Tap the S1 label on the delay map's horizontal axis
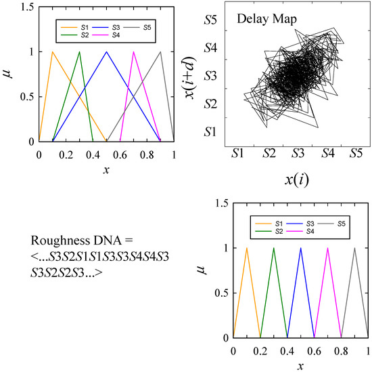click(237, 153)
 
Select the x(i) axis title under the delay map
click(296, 179)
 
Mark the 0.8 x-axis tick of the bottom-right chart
click(341, 350)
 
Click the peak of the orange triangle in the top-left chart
click(53, 51)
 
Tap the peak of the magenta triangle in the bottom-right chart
click(327, 248)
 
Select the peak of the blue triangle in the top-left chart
click(106, 51)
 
